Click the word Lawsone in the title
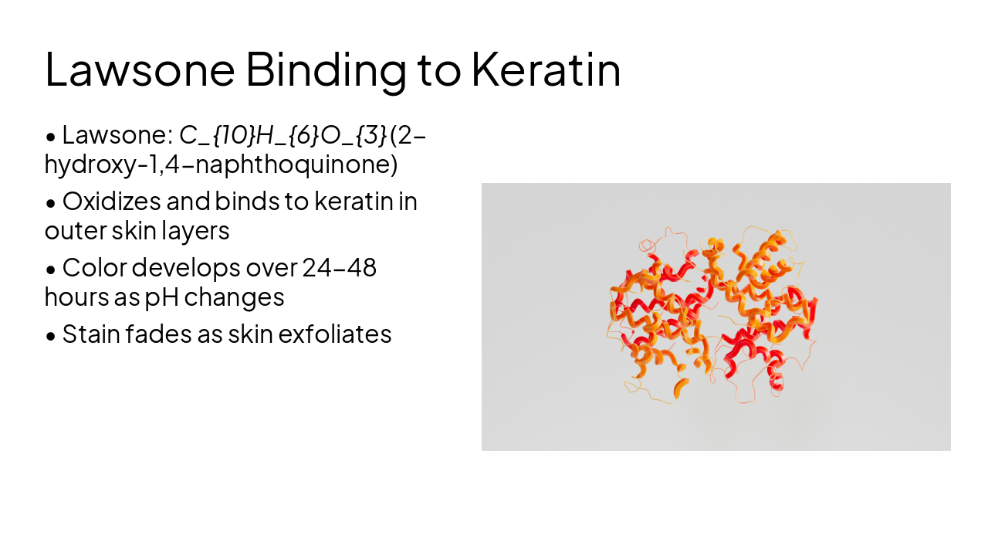tap(140, 69)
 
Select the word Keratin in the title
tap(546, 69)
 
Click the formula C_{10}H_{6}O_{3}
tap(283, 135)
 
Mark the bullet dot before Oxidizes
tap(51, 204)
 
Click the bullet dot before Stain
tap(51, 337)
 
